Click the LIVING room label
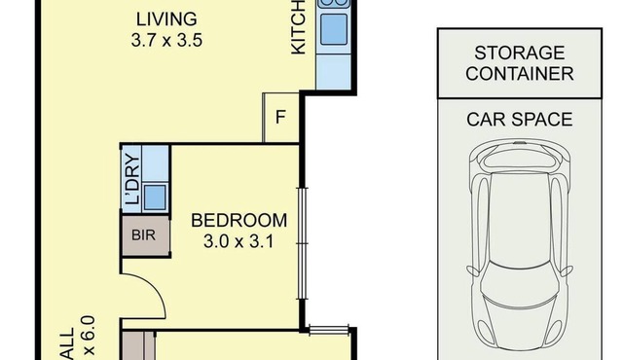coord(166,18)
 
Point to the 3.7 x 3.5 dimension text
coord(166,41)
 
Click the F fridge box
coord(280,118)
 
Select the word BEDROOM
coord(238,220)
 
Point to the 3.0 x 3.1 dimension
coord(238,241)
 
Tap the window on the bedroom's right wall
coord(303,234)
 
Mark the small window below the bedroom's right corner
coord(327,330)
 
